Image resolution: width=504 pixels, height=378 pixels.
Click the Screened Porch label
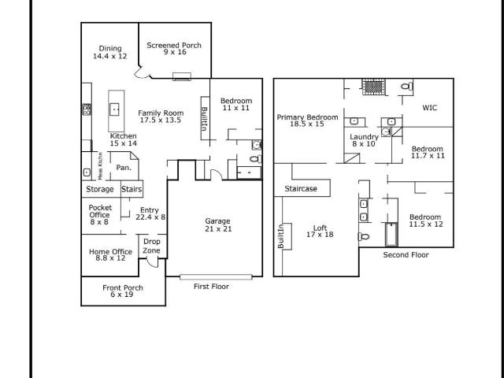174,49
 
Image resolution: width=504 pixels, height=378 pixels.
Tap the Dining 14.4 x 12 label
110,53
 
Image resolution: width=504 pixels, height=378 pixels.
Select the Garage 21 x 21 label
218,225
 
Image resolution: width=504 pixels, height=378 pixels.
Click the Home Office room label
110,254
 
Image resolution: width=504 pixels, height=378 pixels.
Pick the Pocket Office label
100,214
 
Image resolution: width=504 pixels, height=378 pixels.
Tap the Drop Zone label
152,246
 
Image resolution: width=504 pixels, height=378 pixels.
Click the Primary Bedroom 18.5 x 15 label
307,120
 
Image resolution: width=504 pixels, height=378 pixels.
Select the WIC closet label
430,108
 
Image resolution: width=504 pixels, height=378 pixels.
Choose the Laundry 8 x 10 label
364,140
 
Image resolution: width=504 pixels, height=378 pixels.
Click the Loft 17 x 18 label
320,231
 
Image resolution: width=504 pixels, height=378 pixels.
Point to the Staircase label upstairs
301,189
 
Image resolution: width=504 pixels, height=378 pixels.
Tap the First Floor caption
211,287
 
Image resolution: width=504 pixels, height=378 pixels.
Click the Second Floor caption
406,255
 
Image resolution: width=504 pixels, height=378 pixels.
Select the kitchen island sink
114,109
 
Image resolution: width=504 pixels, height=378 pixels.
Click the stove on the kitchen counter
87,109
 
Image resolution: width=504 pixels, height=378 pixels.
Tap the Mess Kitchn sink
87,172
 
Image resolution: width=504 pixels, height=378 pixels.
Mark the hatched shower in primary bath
373,87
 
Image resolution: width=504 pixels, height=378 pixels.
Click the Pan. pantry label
124,168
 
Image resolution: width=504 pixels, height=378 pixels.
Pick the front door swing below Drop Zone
153,262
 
